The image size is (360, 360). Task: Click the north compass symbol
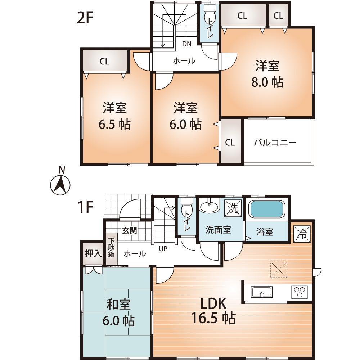click(60, 184)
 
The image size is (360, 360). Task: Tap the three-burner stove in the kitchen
click(300, 291)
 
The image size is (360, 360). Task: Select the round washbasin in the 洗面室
click(209, 207)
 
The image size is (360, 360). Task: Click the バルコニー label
click(275, 143)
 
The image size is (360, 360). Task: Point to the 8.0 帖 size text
click(267, 82)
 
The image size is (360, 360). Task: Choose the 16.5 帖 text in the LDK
click(213, 318)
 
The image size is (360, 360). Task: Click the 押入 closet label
click(93, 253)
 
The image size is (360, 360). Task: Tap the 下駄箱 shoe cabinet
click(112, 248)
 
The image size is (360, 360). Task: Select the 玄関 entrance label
click(129, 230)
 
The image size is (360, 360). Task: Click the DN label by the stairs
click(186, 44)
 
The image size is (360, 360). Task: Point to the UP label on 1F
click(163, 248)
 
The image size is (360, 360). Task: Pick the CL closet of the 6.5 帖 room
click(105, 61)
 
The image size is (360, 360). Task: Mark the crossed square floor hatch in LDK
click(279, 270)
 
